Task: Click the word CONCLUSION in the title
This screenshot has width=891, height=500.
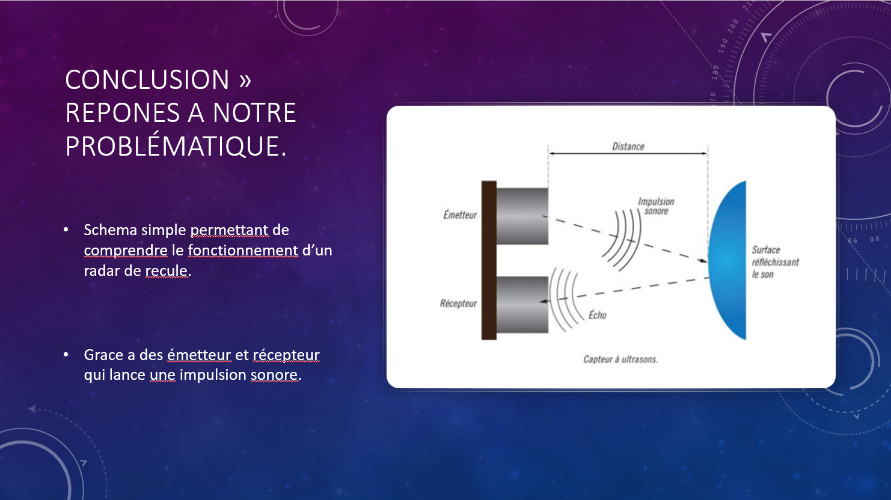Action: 147,79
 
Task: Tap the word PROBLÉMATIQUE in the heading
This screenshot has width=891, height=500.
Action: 176,146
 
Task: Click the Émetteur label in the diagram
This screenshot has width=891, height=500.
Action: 460,215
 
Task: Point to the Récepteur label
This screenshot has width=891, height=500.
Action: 458,303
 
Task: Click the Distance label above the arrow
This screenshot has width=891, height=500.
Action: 628,146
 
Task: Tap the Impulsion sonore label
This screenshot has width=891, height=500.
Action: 657,206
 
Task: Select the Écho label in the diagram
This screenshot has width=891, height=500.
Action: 598,315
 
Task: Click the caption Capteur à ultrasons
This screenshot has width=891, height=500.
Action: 620,359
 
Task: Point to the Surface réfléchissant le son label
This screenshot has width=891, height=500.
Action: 775,262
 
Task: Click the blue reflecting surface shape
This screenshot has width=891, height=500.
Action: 727,260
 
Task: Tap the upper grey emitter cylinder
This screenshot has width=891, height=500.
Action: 522,216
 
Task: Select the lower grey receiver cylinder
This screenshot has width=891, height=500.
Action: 522,305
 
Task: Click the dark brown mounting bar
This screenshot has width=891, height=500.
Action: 489,260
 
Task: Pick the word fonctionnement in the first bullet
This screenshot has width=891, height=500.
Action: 243,251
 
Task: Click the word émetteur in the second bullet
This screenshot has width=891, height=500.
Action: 199,355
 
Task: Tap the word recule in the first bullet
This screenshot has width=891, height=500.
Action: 166,270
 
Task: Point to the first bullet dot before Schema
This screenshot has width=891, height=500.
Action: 66,230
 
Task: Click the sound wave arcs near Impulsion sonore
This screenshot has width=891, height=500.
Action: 621,240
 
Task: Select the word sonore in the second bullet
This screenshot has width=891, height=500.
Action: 274,375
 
